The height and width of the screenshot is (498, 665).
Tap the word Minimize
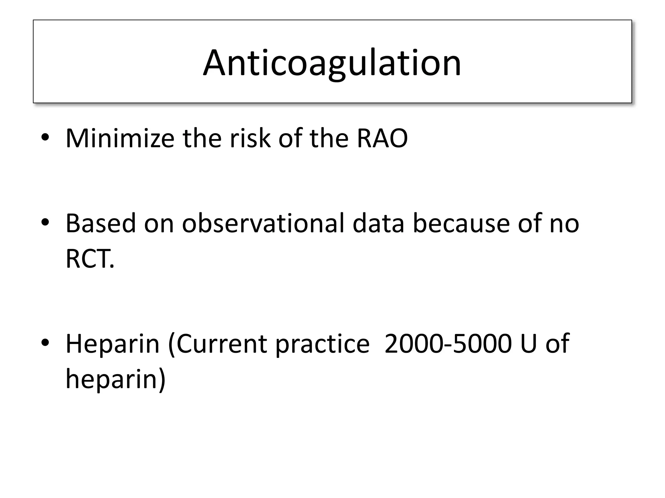point(120,138)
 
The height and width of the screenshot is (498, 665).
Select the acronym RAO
point(382,138)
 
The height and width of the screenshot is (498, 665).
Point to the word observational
point(263,223)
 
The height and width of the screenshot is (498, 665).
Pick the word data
point(378,223)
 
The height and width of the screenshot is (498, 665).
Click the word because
point(461,223)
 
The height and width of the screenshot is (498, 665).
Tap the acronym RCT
point(90,259)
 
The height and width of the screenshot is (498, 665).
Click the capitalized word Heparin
point(112,344)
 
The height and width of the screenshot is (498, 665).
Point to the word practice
point(322,344)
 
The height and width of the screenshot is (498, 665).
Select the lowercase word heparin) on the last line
point(116,379)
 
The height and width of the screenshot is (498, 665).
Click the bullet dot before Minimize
point(45,138)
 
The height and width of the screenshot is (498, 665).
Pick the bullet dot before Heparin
point(45,343)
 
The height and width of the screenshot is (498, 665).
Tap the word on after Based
point(159,223)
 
